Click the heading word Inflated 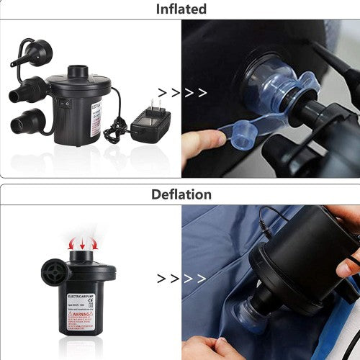(181, 9)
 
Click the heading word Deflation (181, 194)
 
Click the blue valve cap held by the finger (244, 129)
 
